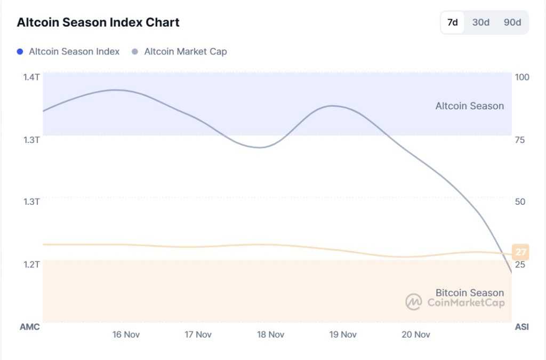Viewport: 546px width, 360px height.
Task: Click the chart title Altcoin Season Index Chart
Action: (98, 22)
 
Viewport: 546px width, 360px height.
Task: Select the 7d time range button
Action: (453, 22)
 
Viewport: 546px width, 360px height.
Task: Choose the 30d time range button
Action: (480, 22)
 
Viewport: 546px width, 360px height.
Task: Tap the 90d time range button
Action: (512, 22)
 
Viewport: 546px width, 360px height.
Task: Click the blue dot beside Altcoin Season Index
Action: (20, 52)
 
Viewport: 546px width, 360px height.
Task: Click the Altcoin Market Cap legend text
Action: (185, 52)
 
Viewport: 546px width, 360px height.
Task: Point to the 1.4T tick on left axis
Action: (31, 77)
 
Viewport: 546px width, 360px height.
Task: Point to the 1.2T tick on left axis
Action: (31, 264)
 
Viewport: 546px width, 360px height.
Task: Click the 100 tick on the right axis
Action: (522, 77)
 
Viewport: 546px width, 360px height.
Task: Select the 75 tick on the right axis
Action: (520, 140)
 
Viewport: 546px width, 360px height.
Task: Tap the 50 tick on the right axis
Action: (520, 202)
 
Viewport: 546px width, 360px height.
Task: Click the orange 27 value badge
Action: (520, 252)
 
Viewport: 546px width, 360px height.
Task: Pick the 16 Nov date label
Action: (126, 334)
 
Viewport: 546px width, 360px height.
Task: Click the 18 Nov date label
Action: (270, 334)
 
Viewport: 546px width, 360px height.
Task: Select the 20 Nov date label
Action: (415, 334)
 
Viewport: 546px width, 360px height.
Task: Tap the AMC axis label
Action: (30, 327)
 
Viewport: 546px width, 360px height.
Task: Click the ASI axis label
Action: (522, 327)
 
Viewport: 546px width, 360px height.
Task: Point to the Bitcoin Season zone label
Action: (469, 293)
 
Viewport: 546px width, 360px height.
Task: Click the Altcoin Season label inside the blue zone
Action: (469, 106)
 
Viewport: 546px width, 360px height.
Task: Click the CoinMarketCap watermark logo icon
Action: (414, 302)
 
